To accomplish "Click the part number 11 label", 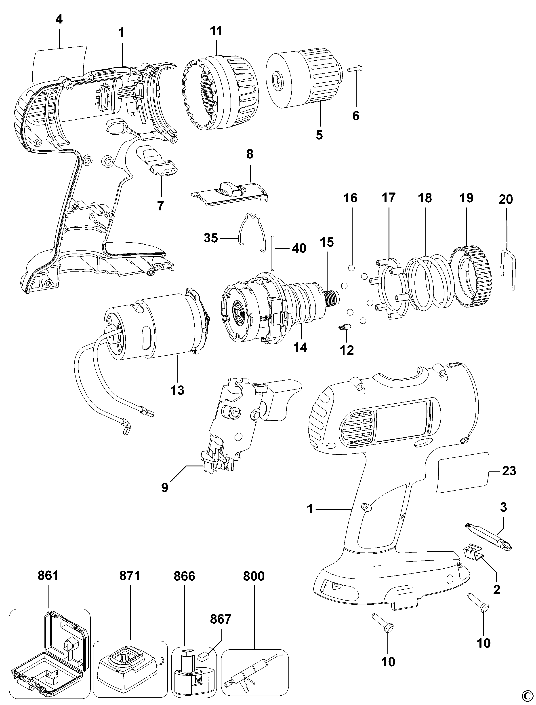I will coord(216,31).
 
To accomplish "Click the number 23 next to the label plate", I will coord(509,471).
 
